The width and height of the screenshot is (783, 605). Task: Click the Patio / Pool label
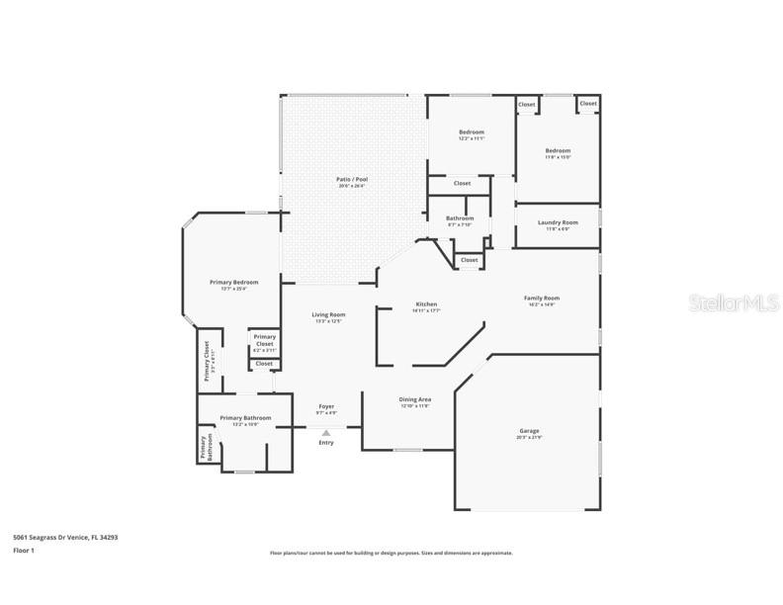coord(352,180)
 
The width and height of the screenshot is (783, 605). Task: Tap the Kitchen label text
coord(425,304)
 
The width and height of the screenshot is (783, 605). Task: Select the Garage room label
coord(529,431)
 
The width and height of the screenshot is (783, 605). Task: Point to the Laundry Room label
coord(558,222)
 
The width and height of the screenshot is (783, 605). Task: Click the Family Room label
coord(542,298)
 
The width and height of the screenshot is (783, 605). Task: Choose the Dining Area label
coord(415,399)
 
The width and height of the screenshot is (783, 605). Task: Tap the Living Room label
coord(328,315)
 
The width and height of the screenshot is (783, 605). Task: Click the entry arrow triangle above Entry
coord(326,432)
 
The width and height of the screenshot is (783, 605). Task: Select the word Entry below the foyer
coord(326,442)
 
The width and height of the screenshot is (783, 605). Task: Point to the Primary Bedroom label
coord(233,283)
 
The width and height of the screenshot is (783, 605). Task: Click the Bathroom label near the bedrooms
coord(460,218)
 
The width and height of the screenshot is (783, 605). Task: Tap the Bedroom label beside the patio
coord(471,131)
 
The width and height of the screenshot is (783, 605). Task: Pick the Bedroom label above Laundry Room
coord(558,151)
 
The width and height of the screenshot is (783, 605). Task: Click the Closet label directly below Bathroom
coord(469,260)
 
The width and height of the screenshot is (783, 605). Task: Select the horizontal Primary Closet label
coord(264,340)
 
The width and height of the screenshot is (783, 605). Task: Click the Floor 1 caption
coord(24,550)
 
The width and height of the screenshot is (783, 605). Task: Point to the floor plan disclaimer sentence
coord(391,554)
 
